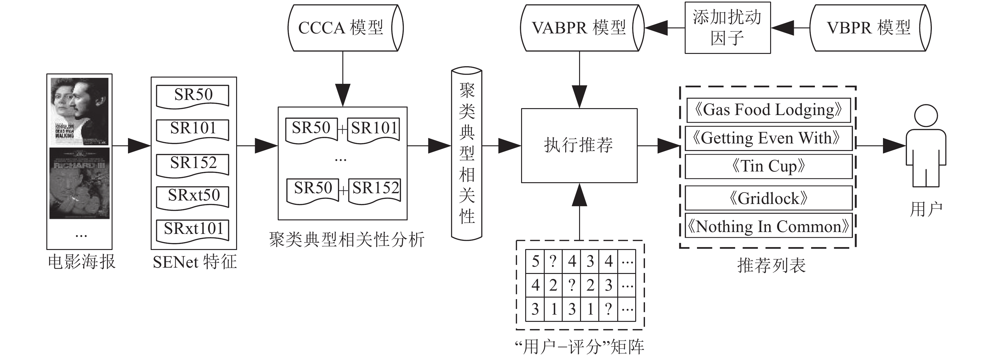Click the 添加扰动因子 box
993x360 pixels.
[x=727, y=28]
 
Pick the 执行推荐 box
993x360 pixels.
[x=579, y=145]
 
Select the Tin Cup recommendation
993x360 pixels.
[x=768, y=166]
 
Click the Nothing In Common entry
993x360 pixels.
[x=768, y=227]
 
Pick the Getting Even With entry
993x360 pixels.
[x=768, y=138]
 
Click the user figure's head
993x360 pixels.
[x=926, y=116]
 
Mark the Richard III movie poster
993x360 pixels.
[x=79, y=183]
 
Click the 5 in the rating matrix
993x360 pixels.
[x=535, y=262]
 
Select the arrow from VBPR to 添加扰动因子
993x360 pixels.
[x=790, y=28]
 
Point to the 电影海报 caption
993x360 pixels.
[x=81, y=262]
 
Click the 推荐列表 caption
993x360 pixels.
[x=771, y=265]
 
